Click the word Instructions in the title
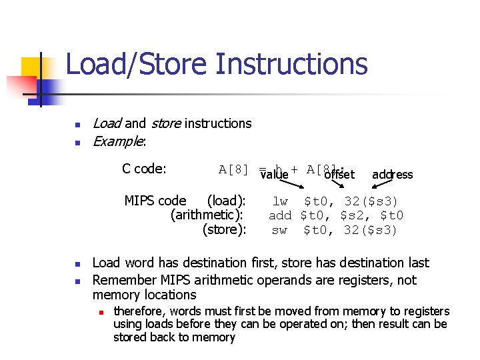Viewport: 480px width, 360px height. (x=292, y=65)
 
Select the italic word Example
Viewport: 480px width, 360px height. (x=119, y=141)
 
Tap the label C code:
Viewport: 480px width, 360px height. (x=144, y=169)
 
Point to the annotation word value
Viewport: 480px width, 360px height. (x=274, y=175)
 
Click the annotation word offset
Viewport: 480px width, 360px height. (x=339, y=175)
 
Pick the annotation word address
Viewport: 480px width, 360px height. (x=392, y=175)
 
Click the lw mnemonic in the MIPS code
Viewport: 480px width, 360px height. (x=280, y=201)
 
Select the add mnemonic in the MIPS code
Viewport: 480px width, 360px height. (x=280, y=215)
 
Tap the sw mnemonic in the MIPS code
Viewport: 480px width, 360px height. (x=280, y=230)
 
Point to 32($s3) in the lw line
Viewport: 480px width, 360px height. (x=371, y=201)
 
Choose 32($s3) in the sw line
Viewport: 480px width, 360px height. (x=371, y=230)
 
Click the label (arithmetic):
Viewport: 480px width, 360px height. (x=207, y=215)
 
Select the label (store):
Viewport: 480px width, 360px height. (x=225, y=230)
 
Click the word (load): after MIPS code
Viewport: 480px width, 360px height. (x=227, y=201)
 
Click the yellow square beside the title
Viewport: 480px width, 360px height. (x=33, y=69)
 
